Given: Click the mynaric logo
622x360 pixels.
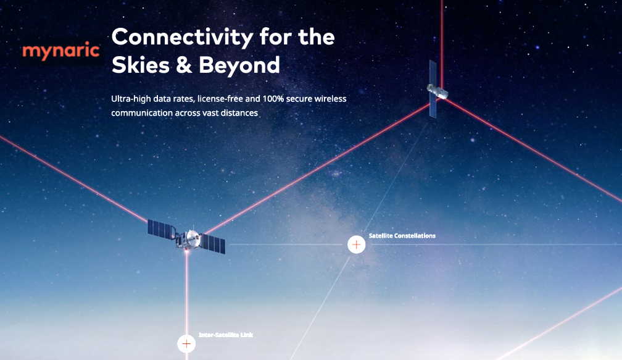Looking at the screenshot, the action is pos(61,51).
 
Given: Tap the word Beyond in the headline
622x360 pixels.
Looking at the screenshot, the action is pos(239,65).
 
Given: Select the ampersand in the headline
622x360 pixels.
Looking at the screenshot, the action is pos(184,65).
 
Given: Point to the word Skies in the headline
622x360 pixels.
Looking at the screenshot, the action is pos(141,65).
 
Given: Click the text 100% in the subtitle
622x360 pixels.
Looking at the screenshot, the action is pos(273,98).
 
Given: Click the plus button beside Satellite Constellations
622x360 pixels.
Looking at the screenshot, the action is pos(356,245).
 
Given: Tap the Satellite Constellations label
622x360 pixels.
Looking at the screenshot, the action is pos(402,236).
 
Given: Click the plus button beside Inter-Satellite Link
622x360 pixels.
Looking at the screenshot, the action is pos(186,344).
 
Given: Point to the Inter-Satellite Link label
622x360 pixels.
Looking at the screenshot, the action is pos(226,335).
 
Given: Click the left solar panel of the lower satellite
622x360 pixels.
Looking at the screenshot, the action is pos(162,230).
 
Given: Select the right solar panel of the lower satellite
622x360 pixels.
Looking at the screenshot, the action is pos(214,243).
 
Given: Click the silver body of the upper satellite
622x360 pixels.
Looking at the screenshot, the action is pos(437,91).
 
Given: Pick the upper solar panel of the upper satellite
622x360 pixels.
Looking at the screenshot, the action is pos(433,74).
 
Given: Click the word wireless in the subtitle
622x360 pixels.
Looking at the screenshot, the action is pos(331,98).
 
